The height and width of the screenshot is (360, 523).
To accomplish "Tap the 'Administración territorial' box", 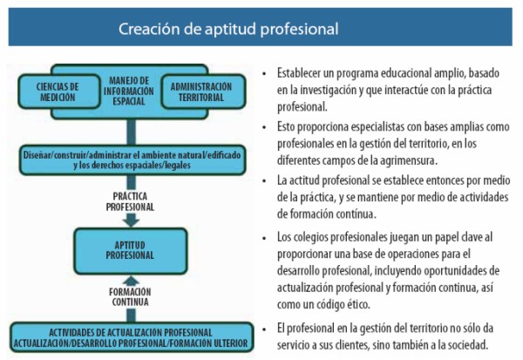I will click(x=201, y=92).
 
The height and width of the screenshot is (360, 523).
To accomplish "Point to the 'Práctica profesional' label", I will click(x=128, y=202).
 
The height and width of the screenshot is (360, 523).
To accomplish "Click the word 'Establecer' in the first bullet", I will click(x=300, y=74).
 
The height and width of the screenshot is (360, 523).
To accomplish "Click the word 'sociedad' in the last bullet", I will click(x=465, y=343).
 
